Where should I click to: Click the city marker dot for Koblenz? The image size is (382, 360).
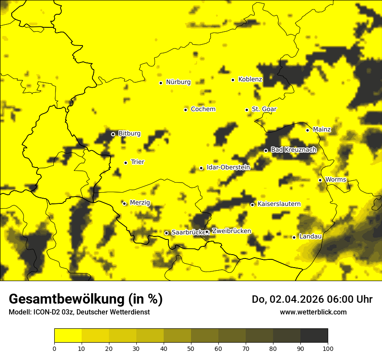coord(233,80)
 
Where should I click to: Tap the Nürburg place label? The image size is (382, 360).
coord(178,82)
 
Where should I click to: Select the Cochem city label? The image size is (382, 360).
coord(203,109)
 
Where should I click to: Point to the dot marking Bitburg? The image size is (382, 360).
coord(113,134)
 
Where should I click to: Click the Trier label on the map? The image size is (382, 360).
coord(138,162)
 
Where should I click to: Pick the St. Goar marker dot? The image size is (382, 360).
coord(247,110)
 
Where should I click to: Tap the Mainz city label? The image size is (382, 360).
coord(322,130)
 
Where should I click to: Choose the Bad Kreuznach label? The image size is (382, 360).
coord(293,150)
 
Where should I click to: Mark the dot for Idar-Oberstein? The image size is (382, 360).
coord(201,168)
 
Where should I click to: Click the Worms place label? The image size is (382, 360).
coord(336,180)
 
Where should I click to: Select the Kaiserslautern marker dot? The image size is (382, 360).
coord(252,205)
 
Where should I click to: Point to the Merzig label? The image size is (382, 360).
coord(140,203)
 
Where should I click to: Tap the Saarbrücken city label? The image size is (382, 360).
coord(188,232)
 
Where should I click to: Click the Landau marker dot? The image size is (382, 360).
coord(294,237)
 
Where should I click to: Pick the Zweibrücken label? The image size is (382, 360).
coord(231,231)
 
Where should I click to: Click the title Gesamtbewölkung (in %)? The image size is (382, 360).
coord(86,299)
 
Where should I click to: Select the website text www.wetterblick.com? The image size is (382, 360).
coord(313,312)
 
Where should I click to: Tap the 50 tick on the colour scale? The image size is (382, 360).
coord(191,348)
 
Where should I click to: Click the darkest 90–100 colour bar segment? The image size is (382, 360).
coord(314,335)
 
